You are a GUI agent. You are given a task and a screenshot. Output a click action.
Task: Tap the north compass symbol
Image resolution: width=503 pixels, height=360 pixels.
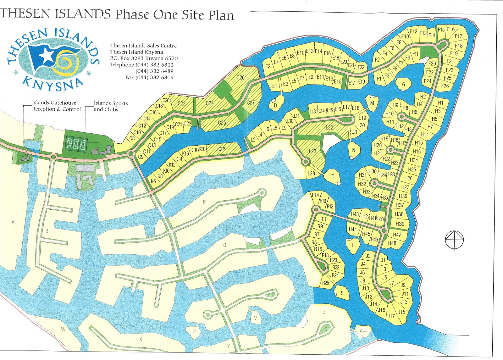[x=454, y=240]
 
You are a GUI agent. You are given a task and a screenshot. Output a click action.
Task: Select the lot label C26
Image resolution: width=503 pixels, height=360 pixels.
[x=240, y=77]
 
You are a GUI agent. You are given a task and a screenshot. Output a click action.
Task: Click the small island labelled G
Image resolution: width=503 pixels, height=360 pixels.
[x=404, y=84]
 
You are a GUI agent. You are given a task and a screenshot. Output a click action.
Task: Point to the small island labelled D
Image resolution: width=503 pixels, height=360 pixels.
[x=276, y=105]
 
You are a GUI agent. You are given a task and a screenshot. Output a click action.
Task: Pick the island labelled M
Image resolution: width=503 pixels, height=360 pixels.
[x=372, y=103]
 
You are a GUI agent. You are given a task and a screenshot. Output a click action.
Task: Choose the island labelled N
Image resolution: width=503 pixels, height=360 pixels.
[x=354, y=150]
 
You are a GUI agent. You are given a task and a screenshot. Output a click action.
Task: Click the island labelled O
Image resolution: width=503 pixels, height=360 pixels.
[x=333, y=176]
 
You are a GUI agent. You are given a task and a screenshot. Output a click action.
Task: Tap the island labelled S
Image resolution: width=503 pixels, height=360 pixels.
[x=342, y=293]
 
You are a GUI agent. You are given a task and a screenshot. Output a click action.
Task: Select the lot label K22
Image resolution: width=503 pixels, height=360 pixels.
[x=221, y=149]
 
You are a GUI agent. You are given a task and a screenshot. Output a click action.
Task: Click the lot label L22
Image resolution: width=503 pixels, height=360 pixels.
[x=329, y=127]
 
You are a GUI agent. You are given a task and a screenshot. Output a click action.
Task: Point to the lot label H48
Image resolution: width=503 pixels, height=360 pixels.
[x=392, y=243]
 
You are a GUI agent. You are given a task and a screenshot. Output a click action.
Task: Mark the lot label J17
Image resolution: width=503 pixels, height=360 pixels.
[x=391, y=316]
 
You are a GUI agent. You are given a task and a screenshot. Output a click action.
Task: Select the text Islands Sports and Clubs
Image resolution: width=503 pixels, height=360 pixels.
[x=110, y=106]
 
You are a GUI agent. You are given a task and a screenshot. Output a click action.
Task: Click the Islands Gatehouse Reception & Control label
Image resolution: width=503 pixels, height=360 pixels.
[x=56, y=106]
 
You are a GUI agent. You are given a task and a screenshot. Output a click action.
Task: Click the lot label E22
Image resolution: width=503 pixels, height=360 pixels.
[x=361, y=67]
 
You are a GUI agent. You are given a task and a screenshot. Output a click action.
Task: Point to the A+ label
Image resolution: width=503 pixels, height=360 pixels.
[x=363, y=331]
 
